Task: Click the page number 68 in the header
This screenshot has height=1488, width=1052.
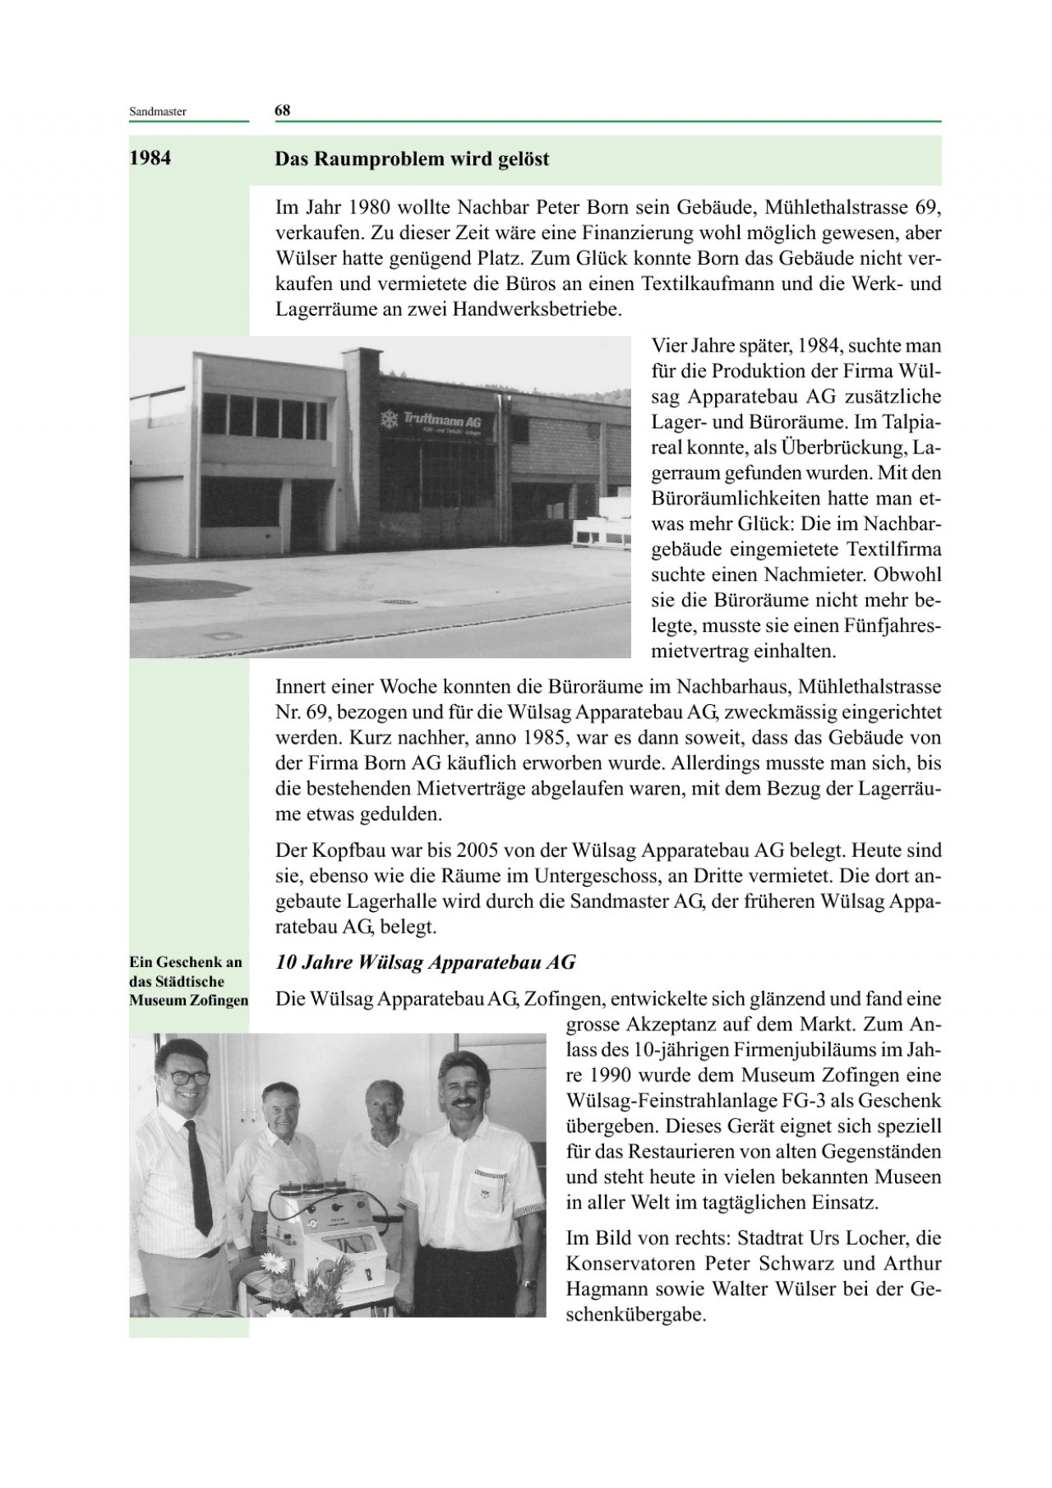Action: click(282, 111)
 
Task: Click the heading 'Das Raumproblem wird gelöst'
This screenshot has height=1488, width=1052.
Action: click(412, 159)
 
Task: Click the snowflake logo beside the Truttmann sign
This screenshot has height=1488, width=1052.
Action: click(388, 420)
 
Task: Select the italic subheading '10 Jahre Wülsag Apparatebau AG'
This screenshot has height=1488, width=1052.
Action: click(425, 962)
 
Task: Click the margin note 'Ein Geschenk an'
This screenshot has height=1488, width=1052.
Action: click(185, 962)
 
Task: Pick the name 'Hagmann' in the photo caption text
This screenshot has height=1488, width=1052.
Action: click(607, 1289)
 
